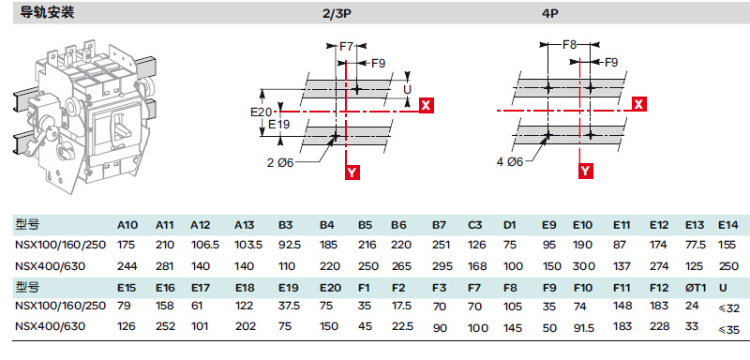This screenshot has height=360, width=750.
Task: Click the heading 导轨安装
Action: (x=47, y=12)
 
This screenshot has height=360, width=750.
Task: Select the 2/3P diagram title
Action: (x=337, y=13)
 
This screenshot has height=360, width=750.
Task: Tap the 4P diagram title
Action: (x=549, y=13)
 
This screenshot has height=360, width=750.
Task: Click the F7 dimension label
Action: (x=347, y=46)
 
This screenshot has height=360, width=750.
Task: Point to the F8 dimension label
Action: (x=570, y=45)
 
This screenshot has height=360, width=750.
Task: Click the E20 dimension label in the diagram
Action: (x=262, y=112)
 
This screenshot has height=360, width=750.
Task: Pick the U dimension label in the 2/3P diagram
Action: (x=408, y=89)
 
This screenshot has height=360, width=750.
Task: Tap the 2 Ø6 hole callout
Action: (x=279, y=163)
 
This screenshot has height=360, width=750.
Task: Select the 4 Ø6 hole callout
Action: (x=509, y=162)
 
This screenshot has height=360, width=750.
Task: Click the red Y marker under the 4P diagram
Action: (x=585, y=171)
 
